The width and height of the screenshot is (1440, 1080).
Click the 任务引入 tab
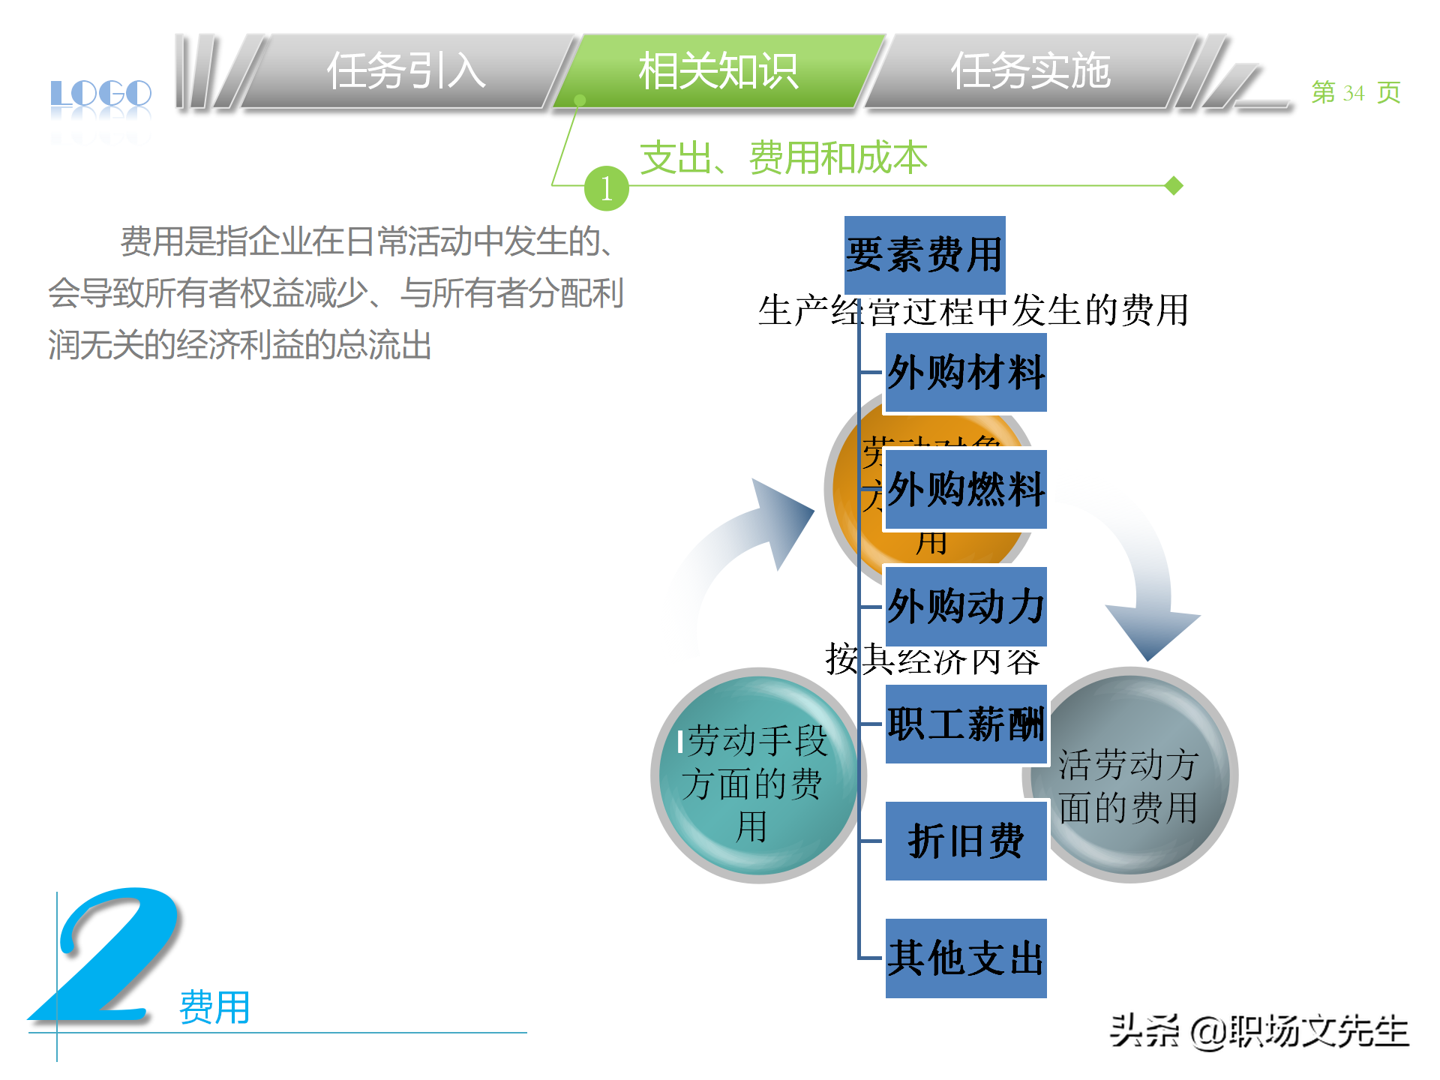coord(406,72)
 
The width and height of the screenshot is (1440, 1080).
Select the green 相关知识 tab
coord(718,72)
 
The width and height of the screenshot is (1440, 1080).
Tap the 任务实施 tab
coord(1030,72)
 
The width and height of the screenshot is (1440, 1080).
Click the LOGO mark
coord(101,95)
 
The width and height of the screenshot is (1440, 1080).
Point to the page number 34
coord(1353,93)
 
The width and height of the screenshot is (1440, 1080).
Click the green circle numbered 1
coord(606,188)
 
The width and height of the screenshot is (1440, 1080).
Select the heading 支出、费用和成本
coord(784,157)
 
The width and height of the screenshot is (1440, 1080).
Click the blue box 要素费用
coord(924,255)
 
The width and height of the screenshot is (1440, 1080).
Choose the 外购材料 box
coord(966,373)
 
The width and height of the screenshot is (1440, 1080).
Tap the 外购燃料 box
coord(966,490)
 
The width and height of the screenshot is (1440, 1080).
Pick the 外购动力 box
coord(966,607)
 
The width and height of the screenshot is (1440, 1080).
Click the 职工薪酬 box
coord(966,724)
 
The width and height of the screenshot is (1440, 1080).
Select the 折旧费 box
coord(966,841)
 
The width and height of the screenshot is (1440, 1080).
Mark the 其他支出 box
coord(966,958)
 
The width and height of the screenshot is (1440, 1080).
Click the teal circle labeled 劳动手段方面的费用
coord(754,780)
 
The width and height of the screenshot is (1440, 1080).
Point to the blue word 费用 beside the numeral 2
coord(214,1007)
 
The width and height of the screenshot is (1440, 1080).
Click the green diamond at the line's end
coord(1174,185)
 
